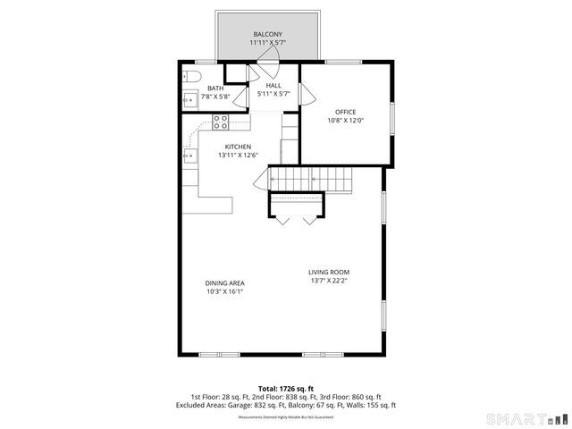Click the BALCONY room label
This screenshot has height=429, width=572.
pos(267,34)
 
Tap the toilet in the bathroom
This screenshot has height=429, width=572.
pos(191,77)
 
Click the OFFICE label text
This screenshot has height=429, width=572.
pos(345,112)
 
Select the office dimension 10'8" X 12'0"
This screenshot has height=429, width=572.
pos(345,120)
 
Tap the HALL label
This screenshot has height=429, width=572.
pos(273,85)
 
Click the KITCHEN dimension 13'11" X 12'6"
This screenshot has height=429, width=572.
pos(238,155)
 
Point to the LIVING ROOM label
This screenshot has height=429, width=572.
pos(329,272)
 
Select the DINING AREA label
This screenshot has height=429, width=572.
pos(225,282)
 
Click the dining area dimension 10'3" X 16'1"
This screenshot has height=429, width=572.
pos(225,290)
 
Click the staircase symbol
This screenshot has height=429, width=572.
pos(312,181)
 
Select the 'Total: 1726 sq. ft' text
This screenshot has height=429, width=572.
pos(286,389)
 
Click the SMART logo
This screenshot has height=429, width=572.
pos(526,418)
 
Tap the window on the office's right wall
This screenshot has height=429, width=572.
pos(392,112)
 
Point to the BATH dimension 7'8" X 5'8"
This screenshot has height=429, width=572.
pos(214,97)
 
